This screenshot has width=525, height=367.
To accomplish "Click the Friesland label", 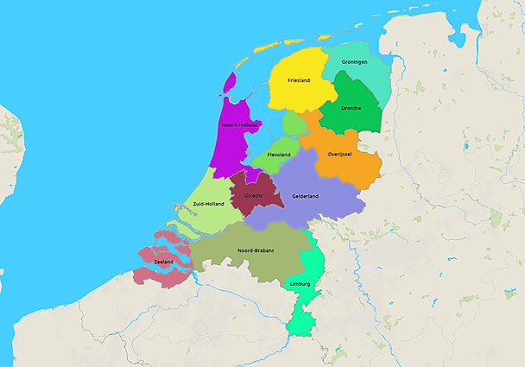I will (299, 80).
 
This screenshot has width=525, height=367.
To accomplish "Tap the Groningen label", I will (354, 62).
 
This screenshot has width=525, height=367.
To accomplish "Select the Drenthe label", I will (351, 108).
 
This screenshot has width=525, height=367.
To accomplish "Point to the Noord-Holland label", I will (238, 125).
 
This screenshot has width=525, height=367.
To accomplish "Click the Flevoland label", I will (279, 155).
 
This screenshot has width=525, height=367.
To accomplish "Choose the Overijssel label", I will (343, 155).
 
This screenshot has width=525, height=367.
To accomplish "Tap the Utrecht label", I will (254, 196).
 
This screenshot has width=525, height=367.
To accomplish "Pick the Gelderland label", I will (305, 196).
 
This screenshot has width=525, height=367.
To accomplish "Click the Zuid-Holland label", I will (209, 204).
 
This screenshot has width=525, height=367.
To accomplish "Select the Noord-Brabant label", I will (256, 250).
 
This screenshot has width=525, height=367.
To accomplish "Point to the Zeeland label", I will (163, 261).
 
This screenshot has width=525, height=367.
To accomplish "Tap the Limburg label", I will (300, 283).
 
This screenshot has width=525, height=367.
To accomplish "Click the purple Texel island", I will (229, 82).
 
